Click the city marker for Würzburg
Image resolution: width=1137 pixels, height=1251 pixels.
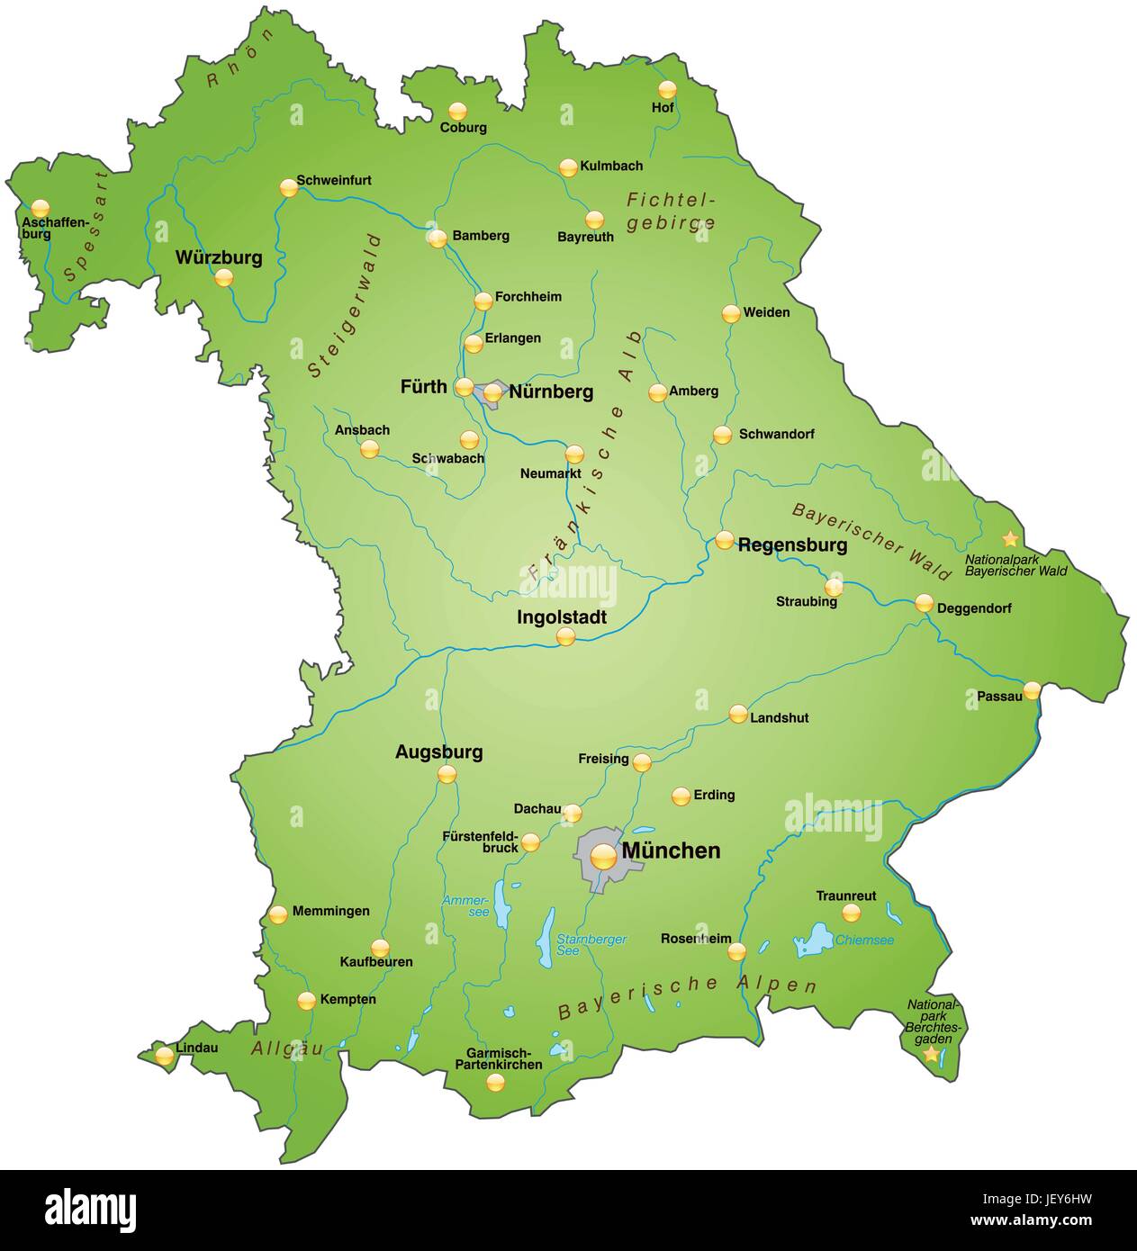coord(224,279)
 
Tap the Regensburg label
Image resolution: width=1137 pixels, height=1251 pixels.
coord(792,545)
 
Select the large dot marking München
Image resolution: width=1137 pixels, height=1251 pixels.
coord(604,857)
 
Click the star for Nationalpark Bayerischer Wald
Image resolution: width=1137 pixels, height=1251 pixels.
coord(1011,539)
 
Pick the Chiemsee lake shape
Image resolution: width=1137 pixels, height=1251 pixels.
coord(814,940)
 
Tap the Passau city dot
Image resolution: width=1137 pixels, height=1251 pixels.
coord(1032,690)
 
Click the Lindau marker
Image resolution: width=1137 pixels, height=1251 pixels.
coord(164,1056)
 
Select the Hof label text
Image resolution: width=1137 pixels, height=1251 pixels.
coord(663,108)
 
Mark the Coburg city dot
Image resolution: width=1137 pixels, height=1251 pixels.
coord(458,112)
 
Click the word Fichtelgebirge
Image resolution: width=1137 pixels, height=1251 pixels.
coord(672,211)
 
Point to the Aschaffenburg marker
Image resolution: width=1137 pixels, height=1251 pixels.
coord(41,209)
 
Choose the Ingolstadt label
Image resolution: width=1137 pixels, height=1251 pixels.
coord(562,618)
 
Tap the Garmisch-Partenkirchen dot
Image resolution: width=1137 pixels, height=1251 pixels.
coord(495,1083)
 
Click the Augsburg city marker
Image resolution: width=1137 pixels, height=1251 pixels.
coord(447,774)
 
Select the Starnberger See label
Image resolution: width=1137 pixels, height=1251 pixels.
coord(591,945)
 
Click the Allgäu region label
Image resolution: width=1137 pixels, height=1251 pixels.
coord(287,1048)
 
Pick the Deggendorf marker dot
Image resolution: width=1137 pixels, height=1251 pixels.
coord(925,604)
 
